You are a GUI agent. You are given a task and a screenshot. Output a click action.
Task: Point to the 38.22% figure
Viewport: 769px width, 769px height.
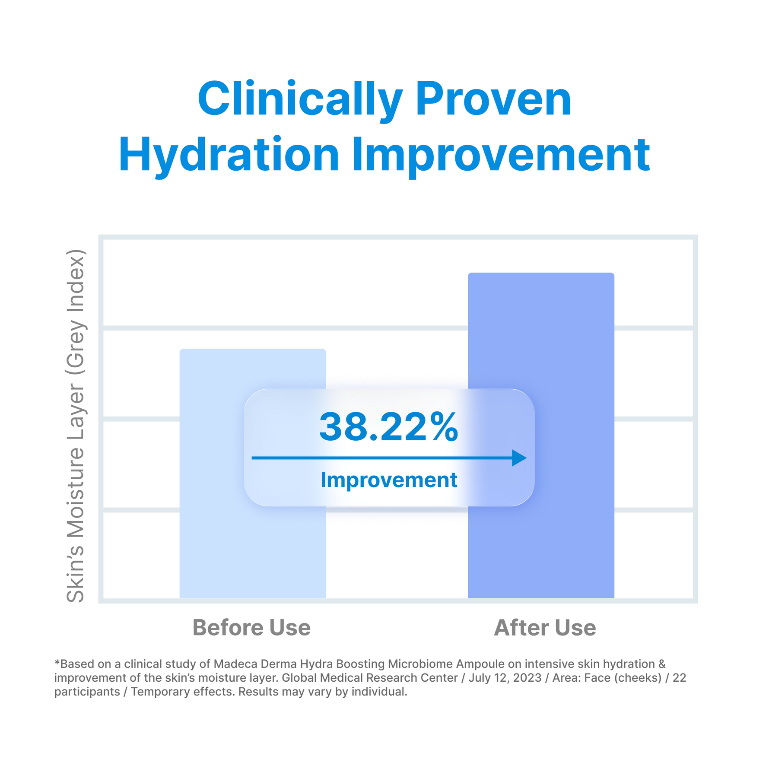(x=388, y=427)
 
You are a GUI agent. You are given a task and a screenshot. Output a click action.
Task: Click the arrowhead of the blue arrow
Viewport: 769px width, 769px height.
(x=519, y=458)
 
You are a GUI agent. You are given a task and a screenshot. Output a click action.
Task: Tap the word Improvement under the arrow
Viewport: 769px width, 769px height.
(x=389, y=480)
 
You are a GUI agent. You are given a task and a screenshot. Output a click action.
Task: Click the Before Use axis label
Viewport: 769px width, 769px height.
(x=251, y=627)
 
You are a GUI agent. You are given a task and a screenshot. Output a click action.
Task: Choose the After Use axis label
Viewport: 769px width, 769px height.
(x=545, y=627)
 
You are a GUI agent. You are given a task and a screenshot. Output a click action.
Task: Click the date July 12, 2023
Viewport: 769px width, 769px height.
(x=505, y=677)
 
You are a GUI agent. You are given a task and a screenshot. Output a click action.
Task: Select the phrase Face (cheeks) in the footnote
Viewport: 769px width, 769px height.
(x=623, y=677)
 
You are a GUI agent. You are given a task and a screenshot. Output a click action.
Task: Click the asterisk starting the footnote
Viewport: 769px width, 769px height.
(x=57, y=662)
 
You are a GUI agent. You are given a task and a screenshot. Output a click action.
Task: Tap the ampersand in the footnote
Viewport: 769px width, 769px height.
(x=662, y=664)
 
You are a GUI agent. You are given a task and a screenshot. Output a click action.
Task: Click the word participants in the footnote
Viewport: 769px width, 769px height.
(x=87, y=692)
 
